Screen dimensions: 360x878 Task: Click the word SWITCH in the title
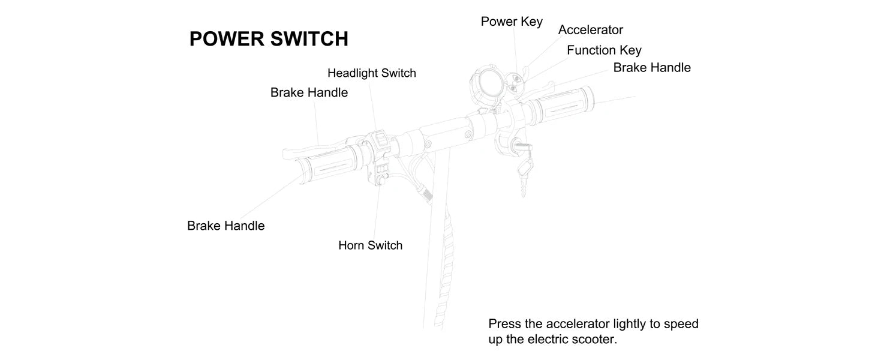pyautogui.click(x=309, y=39)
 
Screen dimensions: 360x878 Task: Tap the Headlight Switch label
pyautogui.click(x=371, y=73)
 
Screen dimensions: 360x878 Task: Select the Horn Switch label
pyautogui.click(x=370, y=245)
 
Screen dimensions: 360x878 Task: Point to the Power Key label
pyautogui.click(x=512, y=22)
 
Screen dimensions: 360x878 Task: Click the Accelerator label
pyautogui.click(x=590, y=30)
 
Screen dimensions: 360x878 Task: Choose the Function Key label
pyautogui.click(x=603, y=50)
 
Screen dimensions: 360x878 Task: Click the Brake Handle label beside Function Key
pyautogui.click(x=651, y=68)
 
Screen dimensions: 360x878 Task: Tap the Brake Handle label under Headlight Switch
pyautogui.click(x=309, y=93)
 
